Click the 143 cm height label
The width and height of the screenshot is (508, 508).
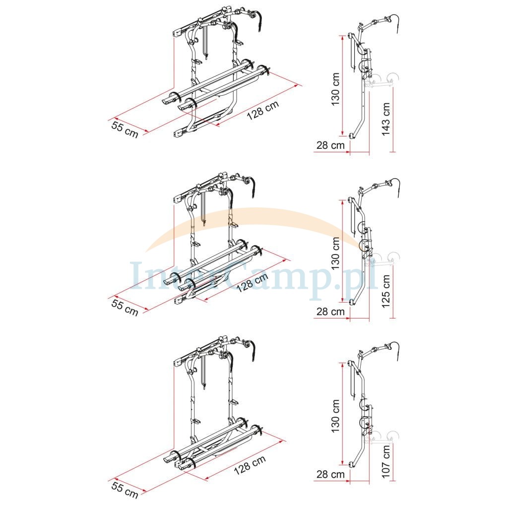click(385, 119)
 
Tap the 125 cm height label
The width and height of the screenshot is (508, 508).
click(385, 291)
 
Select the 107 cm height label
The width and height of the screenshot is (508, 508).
click(385, 461)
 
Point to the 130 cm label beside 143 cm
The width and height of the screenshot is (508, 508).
click(336, 89)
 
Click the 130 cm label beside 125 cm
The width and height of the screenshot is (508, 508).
click(336, 254)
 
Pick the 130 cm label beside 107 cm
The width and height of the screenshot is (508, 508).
click(336, 416)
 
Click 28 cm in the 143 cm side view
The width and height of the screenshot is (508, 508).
click(330, 145)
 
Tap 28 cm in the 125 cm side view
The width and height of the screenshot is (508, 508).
click(330, 312)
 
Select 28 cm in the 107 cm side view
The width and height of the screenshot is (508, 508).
click(330, 474)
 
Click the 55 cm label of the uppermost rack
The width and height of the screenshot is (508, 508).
click(125, 129)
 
